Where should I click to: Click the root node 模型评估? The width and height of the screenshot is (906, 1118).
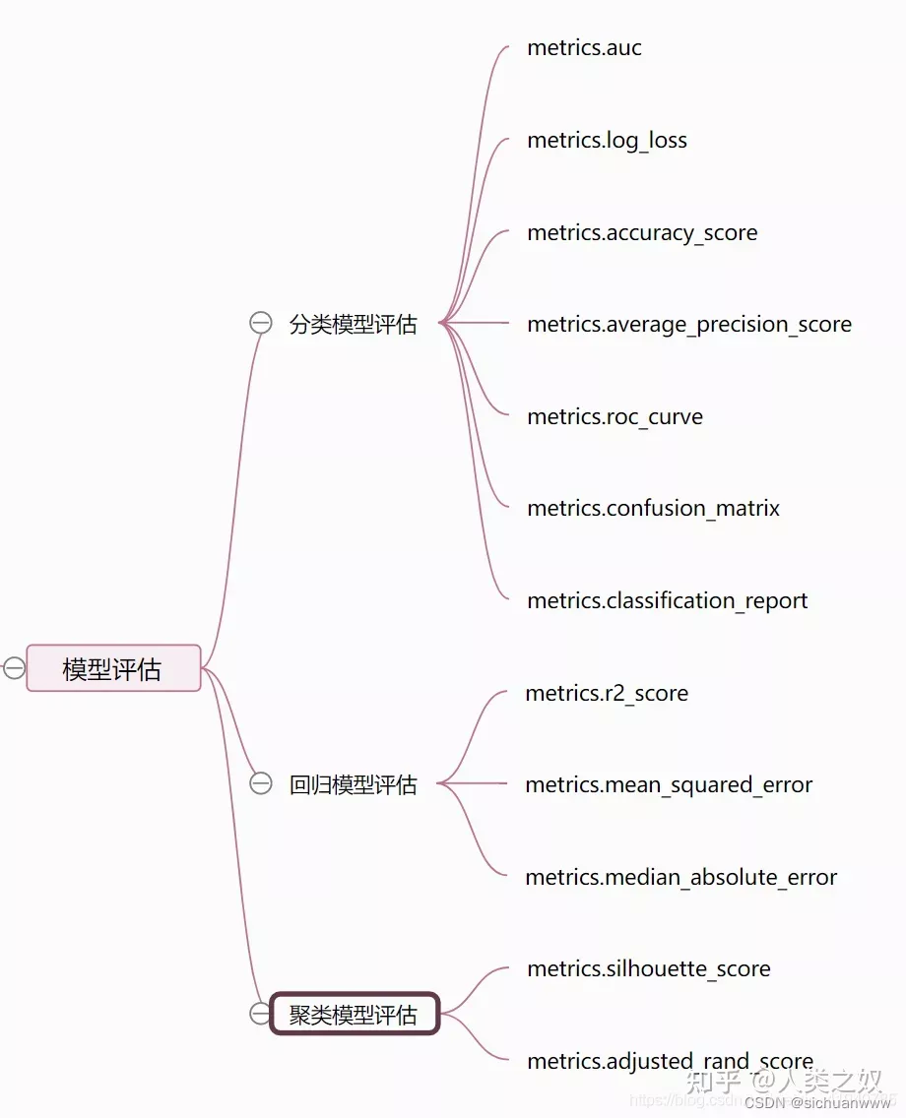tap(113, 669)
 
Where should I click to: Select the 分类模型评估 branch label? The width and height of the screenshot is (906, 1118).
tap(353, 324)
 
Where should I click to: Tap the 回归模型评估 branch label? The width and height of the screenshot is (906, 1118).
tap(353, 784)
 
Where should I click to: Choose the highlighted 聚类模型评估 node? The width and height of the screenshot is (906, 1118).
tap(354, 1014)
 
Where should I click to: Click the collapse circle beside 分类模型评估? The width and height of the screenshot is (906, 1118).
tap(260, 323)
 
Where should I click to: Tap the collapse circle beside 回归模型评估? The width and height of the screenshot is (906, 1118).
tap(260, 783)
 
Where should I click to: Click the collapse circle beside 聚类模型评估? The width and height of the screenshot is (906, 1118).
tap(260, 1014)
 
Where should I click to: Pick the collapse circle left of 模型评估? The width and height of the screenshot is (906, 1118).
tap(14, 668)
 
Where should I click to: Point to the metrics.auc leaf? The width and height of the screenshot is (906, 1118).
tap(584, 47)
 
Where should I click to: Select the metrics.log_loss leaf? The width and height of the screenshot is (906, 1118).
tap(607, 140)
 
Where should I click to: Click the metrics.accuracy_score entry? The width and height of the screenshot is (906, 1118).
tap(642, 232)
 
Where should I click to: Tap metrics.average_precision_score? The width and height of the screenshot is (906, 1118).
tap(689, 324)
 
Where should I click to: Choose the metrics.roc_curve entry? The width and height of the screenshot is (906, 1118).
tap(615, 416)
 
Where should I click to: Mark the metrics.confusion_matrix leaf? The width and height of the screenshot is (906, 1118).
tap(653, 508)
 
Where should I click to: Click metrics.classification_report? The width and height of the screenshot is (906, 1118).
tap(667, 600)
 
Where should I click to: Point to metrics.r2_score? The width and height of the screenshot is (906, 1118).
tap(607, 693)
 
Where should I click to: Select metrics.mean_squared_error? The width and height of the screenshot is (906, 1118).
tap(669, 784)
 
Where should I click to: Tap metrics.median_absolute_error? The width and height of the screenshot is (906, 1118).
tap(680, 877)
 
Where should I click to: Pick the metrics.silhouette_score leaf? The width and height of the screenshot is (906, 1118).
tap(648, 968)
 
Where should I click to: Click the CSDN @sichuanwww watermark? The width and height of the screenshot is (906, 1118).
tap(816, 1102)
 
